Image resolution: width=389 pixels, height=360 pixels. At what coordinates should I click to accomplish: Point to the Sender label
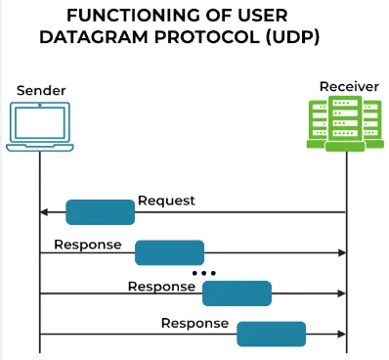point(41,90)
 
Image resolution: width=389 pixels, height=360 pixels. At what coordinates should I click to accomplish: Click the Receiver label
point(349,87)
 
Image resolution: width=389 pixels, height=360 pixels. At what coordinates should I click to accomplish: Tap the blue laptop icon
point(40,127)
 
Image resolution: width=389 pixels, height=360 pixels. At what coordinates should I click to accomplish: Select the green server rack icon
point(348,125)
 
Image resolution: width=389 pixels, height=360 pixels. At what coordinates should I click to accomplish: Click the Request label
point(166,201)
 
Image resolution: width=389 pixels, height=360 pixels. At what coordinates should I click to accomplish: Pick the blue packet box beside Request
point(100,212)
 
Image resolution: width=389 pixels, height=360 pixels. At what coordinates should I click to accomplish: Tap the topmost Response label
point(88,244)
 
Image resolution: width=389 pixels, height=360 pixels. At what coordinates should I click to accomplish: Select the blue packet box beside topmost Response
point(169,252)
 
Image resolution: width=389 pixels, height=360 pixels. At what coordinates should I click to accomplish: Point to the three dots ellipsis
point(203,272)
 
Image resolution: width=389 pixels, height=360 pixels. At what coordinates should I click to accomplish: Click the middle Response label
point(161,287)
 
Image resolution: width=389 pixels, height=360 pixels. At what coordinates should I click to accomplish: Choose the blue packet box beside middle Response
point(237,292)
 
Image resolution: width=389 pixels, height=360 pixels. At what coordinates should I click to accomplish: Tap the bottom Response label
point(194,323)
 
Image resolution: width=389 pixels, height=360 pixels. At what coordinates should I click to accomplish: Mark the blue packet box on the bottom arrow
point(271,333)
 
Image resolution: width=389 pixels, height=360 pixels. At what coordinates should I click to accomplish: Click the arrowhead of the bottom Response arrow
point(342,334)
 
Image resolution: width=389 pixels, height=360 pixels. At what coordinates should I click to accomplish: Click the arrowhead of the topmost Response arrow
point(342,252)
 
